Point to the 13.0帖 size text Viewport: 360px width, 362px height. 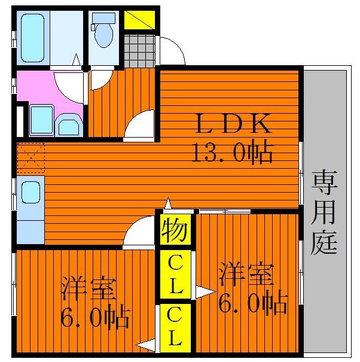[232, 154]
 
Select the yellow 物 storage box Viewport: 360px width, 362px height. [174, 230]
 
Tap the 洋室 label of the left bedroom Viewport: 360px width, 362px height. [89, 290]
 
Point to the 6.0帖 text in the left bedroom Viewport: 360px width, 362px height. [95, 318]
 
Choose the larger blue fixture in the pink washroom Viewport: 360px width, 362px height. [42, 119]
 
